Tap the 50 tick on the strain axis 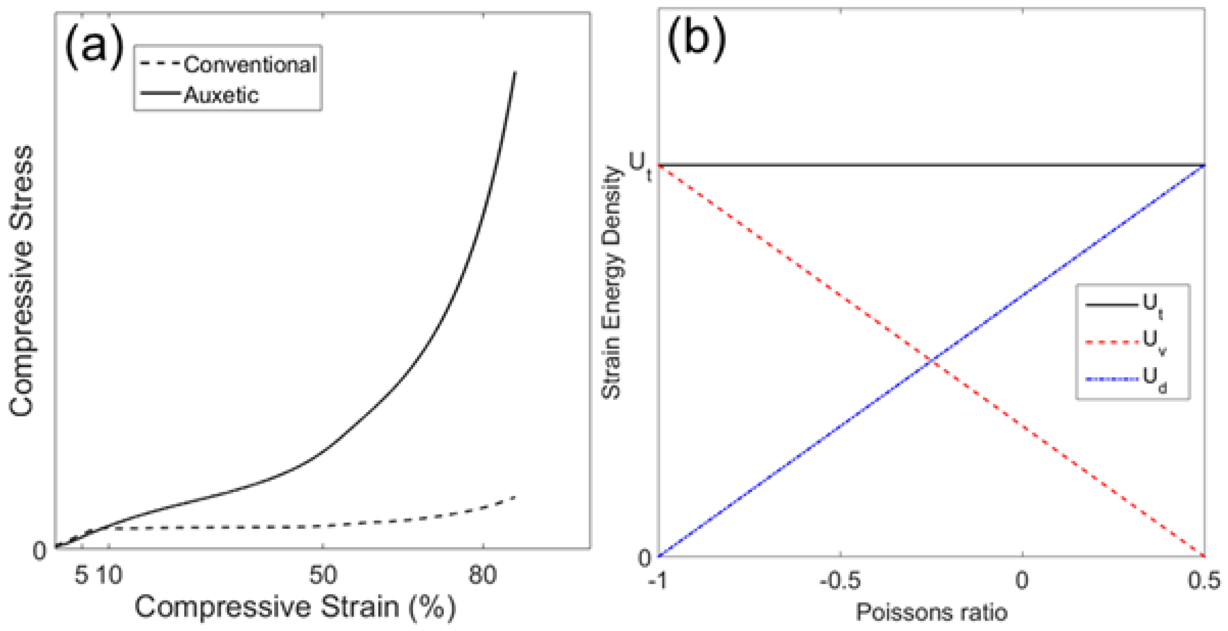[323, 575]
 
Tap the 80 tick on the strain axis [483, 575]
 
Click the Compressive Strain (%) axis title [295, 607]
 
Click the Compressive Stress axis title [21, 281]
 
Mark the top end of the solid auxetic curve [515, 72]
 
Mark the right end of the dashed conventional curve [515, 497]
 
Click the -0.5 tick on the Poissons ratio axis [840, 581]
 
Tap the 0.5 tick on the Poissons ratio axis [1204, 581]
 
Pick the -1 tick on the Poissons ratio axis [659, 581]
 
